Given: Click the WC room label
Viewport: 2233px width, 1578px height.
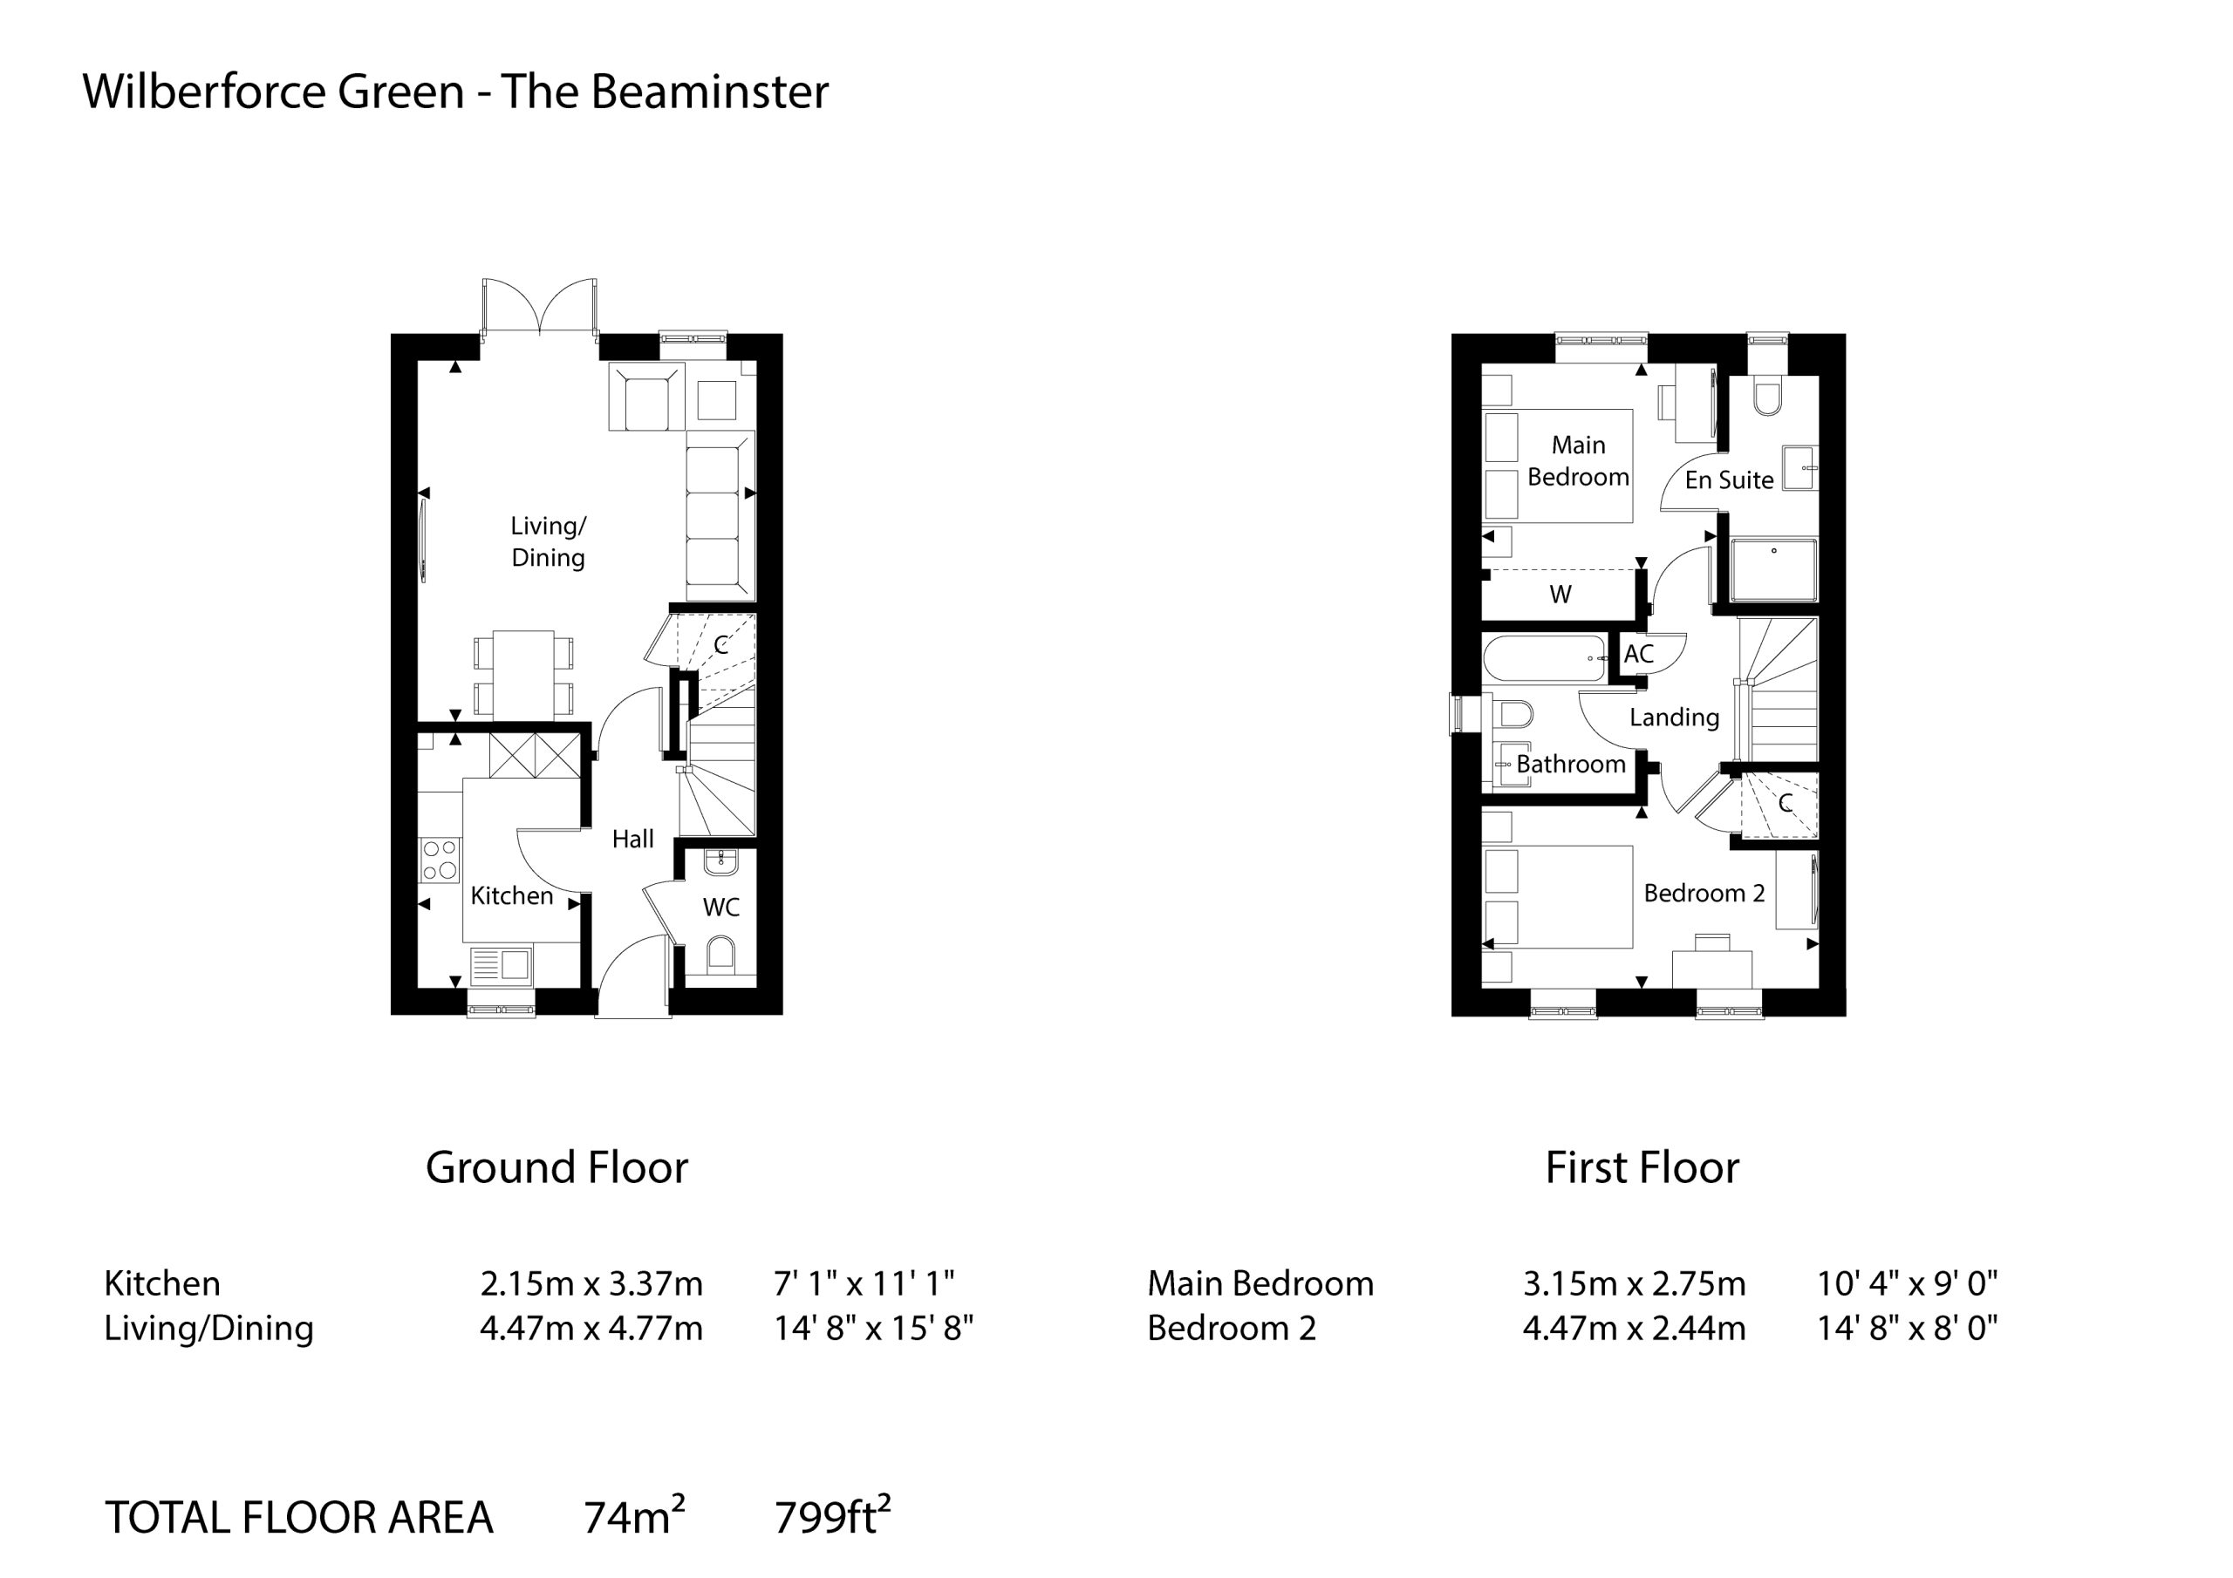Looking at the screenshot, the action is coord(720,907).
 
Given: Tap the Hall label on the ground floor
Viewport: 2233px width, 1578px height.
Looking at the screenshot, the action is coord(632,838).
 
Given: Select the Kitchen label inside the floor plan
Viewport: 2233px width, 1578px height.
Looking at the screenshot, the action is coord(511,895).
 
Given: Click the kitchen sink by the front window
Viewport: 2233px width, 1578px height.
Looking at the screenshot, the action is coord(501,964).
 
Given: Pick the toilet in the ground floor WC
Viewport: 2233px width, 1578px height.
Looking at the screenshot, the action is coord(720,953).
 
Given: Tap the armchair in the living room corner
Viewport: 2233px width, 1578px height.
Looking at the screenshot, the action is coord(646,397).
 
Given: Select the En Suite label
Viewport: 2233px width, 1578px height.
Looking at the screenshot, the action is coord(1729,480).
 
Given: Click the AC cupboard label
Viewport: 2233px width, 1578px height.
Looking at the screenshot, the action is coord(1639,653).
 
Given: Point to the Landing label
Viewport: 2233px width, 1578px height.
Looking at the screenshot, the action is coord(1675,718).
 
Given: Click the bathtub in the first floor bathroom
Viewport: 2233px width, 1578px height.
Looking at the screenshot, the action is coord(1546,658).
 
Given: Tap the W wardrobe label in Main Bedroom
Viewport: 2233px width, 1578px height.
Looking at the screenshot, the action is coord(1560,594).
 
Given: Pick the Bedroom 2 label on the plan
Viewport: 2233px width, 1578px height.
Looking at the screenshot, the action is coord(1704,893).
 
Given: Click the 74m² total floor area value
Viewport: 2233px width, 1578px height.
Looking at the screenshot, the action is coord(634,1517).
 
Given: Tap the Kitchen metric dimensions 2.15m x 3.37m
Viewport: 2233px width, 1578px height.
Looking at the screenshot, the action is coord(591,1283).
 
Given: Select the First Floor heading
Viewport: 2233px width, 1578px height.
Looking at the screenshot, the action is coord(1642,1167).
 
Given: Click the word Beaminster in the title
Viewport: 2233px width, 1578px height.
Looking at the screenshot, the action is coord(710,92).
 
